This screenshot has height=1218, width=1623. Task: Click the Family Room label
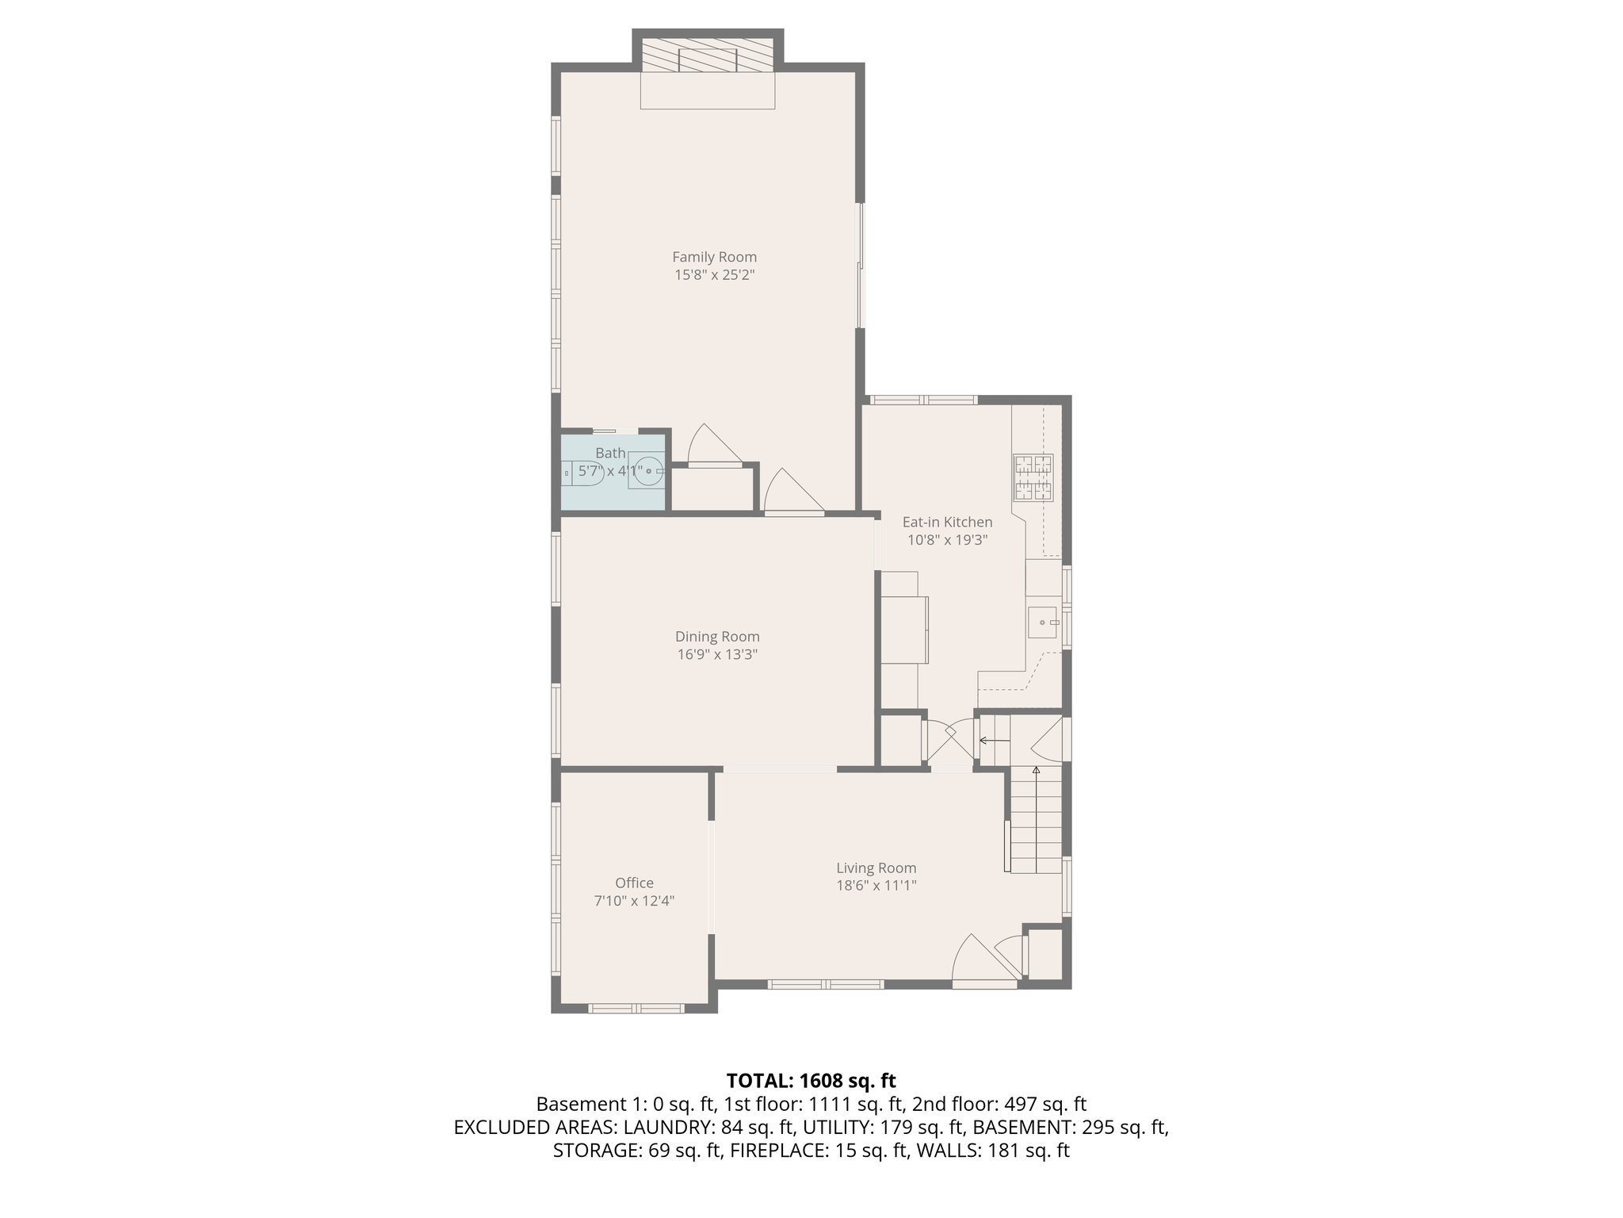click(x=714, y=257)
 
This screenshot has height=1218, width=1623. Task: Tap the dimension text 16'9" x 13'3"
click(x=717, y=655)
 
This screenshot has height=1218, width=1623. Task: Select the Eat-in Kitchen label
click(x=947, y=523)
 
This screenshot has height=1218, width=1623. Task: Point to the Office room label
click(x=634, y=883)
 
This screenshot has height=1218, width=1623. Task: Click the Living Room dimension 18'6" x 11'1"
click(x=876, y=886)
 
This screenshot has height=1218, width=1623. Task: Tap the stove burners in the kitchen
click(x=1033, y=477)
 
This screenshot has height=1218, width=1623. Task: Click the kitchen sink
click(x=1043, y=622)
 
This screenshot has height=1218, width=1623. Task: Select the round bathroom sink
click(x=648, y=472)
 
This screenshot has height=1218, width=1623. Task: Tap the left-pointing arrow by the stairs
click(x=995, y=741)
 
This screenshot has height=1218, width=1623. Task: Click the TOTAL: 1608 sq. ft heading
click(x=811, y=1080)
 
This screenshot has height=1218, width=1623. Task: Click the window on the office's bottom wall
click(x=636, y=1009)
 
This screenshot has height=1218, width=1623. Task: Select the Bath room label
click(x=610, y=453)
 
